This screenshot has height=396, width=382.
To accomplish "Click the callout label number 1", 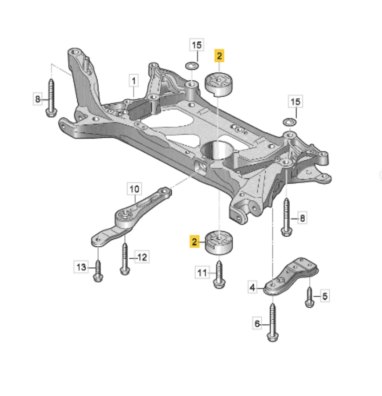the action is click(133, 81).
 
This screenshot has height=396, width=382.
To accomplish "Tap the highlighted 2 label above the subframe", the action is click(219, 56).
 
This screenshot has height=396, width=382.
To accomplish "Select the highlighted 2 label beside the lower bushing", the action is click(194, 241).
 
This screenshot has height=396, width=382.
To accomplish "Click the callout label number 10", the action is click(134, 189).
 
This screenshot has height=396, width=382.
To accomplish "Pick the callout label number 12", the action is click(142, 257).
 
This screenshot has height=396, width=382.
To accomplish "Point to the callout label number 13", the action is click(81, 267).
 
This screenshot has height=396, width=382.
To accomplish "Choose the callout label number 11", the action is click(202, 273).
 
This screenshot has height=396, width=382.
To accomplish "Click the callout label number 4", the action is click(252, 287).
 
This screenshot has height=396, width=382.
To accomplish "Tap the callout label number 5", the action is click(325, 296).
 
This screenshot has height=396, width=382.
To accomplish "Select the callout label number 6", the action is click(257, 324).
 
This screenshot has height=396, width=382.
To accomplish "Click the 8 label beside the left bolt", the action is click(38, 99).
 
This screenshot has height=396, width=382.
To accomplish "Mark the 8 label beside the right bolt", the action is click(302, 218).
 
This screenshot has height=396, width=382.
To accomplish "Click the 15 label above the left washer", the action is click(197, 45).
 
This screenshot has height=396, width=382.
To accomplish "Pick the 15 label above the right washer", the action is click(296, 101).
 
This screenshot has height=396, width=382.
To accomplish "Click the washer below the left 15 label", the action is click(192, 66).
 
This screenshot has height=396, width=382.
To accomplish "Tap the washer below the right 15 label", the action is click(289, 122).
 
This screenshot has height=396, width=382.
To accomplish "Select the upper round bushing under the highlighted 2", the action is click(219, 84).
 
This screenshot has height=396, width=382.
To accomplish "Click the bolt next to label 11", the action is click(219, 275).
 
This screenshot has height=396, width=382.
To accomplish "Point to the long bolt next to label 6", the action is click(272, 323).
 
